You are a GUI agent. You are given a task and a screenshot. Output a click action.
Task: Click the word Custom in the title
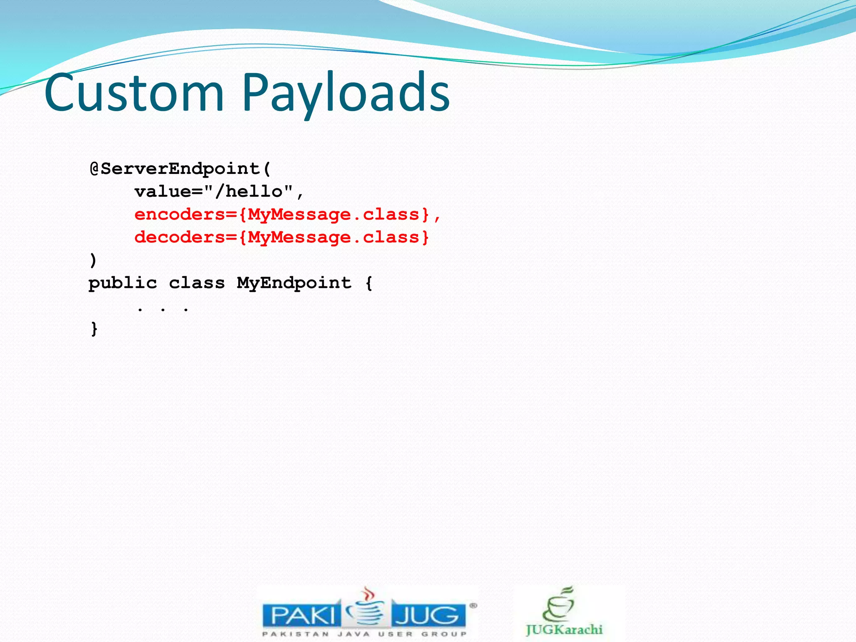click(x=134, y=92)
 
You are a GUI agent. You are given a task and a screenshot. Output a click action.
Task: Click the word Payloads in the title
click(x=346, y=92)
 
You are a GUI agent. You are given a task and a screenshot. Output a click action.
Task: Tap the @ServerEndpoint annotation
click(x=180, y=169)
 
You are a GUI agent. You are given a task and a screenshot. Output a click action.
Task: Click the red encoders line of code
click(x=288, y=215)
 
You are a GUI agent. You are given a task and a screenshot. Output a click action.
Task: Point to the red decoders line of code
click(x=282, y=237)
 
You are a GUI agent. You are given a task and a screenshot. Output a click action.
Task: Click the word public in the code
click(x=123, y=283)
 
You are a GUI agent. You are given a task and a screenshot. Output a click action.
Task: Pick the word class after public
click(x=197, y=283)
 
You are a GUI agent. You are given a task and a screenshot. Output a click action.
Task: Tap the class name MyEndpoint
click(x=294, y=283)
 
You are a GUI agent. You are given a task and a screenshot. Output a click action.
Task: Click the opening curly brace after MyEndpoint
click(x=369, y=283)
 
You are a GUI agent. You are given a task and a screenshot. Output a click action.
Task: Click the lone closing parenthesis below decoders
click(x=93, y=260)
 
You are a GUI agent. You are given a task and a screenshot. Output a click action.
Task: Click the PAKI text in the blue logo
click(x=303, y=616)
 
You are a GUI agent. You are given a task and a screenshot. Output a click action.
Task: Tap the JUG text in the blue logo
click(x=427, y=616)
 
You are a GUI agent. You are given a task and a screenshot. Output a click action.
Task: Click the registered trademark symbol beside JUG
click(x=473, y=605)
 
